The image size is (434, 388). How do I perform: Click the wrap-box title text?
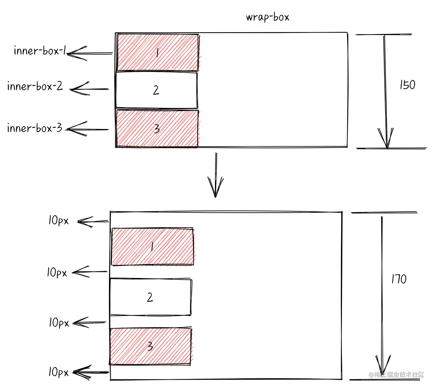tap(268, 17)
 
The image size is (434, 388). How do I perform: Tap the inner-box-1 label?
tap(39, 51)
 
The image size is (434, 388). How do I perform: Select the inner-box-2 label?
tap(35, 86)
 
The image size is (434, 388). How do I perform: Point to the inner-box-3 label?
tap(35, 128)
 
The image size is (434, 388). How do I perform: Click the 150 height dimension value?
tap(407, 85)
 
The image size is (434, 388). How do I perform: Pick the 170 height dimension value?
tap(399, 279)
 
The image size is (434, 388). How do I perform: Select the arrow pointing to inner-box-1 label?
tap(89, 53)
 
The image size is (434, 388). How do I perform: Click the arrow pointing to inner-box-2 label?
tap(89, 89)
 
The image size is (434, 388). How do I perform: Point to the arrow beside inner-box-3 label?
tap(87, 129)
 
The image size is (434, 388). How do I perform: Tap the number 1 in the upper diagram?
tap(157, 53)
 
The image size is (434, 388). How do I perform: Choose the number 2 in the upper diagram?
tap(156, 90)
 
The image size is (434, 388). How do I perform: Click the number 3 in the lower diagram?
tap(150, 346)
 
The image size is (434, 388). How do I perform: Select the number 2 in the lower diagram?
tap(150, 297)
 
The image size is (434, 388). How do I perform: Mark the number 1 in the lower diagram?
tap(152, 247)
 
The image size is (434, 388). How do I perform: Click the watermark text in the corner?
tap(396, 375)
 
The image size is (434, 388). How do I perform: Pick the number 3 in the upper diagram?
tap(157, 129)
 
